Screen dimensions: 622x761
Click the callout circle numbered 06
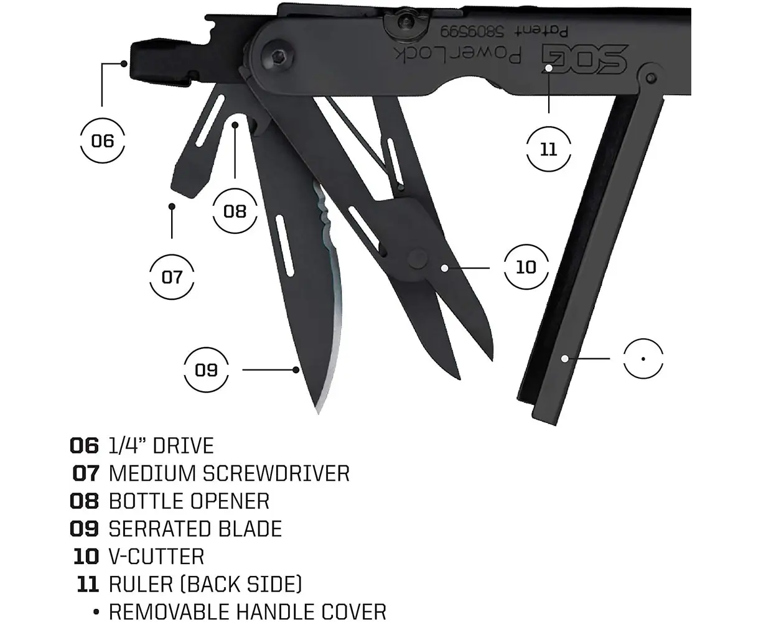pos(103,141)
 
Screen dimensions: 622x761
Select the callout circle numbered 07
pos(172,276)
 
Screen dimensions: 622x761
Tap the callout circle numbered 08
pos(235,211)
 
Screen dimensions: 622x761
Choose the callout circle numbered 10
pos(526,267)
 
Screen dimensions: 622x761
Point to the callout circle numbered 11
pos(548,150)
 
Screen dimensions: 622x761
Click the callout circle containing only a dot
pos(645,359)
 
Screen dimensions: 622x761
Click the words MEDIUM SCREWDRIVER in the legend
pos(229,473)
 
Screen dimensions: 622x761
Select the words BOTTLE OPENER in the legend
pos(189,501)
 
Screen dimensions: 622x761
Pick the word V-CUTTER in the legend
pos(156,556)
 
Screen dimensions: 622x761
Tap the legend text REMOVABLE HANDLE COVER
pos(248,611)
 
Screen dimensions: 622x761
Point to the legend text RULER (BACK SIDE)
pos(205,583)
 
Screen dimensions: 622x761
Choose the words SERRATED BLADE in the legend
pos(195,529)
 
